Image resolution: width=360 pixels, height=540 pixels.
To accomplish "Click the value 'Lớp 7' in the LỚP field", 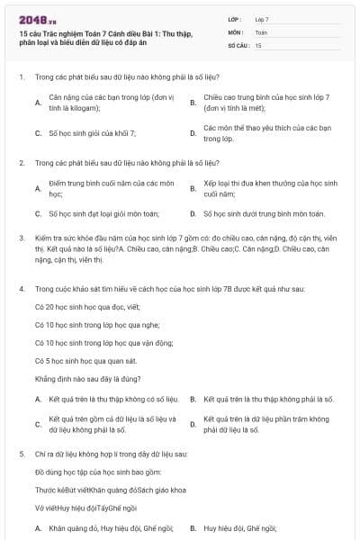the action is (x=262, y=19).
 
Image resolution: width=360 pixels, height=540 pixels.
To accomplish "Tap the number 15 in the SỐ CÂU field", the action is (x=258, y=44).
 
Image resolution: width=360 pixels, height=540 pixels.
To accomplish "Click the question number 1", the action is (x=21, y=77).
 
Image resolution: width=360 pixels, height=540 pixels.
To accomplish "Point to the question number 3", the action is (x=21, y=238).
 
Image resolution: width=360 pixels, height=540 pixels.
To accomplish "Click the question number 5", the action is (x=21, y=455).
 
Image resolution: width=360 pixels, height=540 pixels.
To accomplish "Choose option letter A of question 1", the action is (x=38, y=102).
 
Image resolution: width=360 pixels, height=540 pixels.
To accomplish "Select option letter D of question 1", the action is (x=193, y=134).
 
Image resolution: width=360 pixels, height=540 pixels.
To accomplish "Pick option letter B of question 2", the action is (x=193, y=189).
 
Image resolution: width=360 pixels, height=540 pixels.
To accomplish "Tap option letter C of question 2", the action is (x=38, y=214).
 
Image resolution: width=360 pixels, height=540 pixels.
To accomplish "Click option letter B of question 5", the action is (x=193, y=528).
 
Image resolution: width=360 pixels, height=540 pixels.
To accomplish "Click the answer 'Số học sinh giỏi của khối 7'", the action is (x=92, y=134).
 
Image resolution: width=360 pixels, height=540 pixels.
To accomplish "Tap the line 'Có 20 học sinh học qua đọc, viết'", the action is (x=82, y=307).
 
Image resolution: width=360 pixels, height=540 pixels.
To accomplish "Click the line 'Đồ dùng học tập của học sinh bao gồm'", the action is (x=86, y=472).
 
